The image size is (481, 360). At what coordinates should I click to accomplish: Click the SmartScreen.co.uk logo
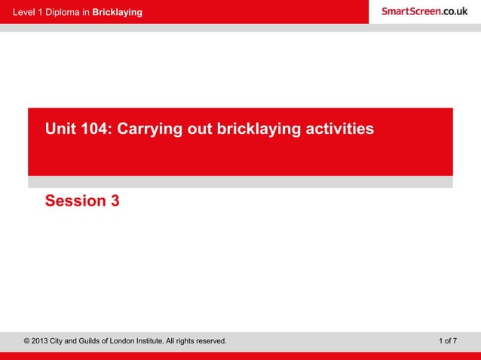pos(424,11)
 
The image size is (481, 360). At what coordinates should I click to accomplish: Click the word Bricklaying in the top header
pos(117,13)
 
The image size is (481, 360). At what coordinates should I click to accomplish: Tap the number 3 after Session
pos(115,201)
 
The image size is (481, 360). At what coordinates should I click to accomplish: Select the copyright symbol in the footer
pos(28,341)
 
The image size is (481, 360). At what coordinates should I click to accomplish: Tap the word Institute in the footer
pos(174,341)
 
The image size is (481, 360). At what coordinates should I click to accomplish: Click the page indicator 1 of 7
pos(447,341)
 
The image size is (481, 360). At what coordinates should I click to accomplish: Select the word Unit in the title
pos(60,130)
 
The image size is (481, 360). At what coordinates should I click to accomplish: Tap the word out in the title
pos(198,130)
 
